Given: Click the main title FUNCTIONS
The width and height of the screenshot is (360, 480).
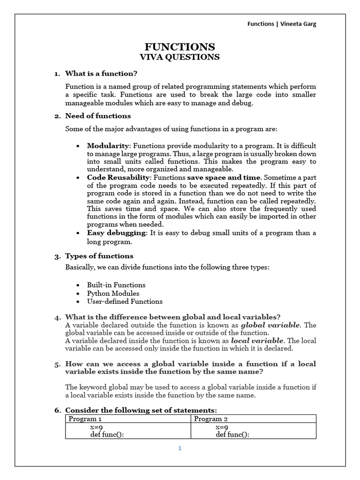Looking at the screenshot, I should pos(180,47).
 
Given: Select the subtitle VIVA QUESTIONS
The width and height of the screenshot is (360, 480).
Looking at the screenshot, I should pos(180,57).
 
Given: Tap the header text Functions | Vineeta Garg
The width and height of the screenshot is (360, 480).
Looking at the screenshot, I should pos(282,24).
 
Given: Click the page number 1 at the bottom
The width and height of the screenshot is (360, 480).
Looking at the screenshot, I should pos(180,448).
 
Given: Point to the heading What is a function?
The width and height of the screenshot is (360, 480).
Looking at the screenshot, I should pos(101,74).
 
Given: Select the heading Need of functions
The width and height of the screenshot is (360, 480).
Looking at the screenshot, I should pos(98,116).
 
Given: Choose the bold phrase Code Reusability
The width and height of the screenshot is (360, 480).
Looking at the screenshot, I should pos(119,178).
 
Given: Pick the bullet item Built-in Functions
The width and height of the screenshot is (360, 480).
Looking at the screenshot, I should pos(116,285).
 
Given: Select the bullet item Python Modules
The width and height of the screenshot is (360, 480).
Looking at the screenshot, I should pos(113,293).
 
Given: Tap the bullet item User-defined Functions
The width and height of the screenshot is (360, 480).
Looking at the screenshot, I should pos(125,301).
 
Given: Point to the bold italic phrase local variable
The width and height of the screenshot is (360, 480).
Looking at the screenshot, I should pos(257,341).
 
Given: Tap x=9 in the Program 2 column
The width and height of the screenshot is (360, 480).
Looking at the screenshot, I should pos(222,427).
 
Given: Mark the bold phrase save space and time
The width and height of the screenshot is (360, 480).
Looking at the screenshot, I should pos(224,178).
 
